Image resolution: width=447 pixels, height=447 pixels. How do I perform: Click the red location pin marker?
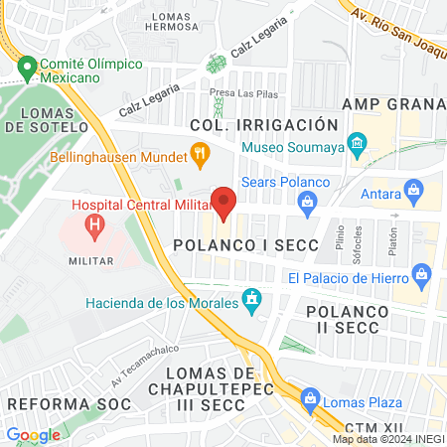[x=224, y=203]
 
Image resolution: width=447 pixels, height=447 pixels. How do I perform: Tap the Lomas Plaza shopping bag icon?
[x=309, y=402]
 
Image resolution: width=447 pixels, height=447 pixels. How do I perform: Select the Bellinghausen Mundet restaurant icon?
[x=200, y=155]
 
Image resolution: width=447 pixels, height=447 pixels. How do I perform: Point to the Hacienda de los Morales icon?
[x=252, y=298]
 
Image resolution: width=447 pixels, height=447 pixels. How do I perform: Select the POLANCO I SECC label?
[x=245, y=244]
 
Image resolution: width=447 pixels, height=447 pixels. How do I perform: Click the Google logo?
[x=33, y=434]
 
